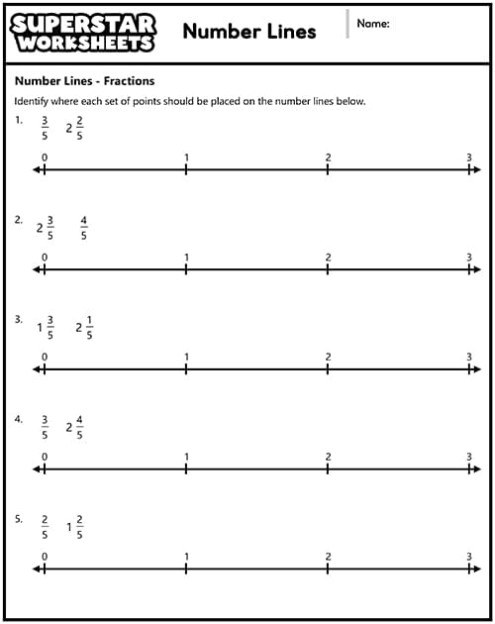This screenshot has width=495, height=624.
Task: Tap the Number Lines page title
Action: tap(249, 31)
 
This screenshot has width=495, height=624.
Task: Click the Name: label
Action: tap(372, 23)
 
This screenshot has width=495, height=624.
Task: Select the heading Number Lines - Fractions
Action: tap(84, 81)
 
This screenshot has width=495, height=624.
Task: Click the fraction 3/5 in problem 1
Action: tap(45, 128)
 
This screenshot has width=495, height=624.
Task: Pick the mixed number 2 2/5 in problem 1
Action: tap(75, 128)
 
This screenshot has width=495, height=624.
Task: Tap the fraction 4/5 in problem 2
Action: tap(84, 228)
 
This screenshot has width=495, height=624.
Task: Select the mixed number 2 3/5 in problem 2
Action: tap(47, 228)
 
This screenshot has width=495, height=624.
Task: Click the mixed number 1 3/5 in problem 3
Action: tap(47, 328)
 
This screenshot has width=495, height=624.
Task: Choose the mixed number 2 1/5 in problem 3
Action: tap(85, 328)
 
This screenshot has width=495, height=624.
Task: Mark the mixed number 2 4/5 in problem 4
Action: tap(75, 427)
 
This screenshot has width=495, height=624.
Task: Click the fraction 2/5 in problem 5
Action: tap(45, 527)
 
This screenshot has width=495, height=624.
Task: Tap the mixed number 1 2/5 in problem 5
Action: tap(75, 527)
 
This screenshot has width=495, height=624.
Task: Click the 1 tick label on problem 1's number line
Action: tap(186, 157)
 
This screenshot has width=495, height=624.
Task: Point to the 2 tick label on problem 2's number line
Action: tap(328, 258)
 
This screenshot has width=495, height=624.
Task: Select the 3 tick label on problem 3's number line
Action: tap(469, 357)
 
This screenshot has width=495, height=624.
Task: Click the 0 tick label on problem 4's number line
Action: tap(45, 457)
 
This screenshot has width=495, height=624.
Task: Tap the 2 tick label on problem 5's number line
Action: tap(328, 556)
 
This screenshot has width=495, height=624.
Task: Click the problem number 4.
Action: tap(18, 419)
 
